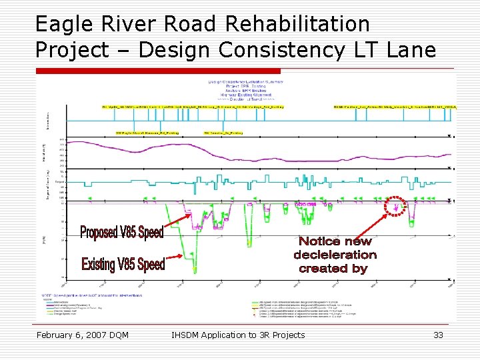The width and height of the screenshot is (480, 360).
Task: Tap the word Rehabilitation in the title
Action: [x=298, y=25]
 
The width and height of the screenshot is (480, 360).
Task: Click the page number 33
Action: [x=438, y=335]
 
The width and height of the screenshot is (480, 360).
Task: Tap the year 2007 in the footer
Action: [x=100, y=335]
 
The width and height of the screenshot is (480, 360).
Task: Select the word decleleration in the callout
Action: [x=335, y=255]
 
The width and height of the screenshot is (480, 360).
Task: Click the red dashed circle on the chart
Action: [x=395, y=206]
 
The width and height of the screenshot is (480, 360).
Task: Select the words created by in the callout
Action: [x=333, y=269]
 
